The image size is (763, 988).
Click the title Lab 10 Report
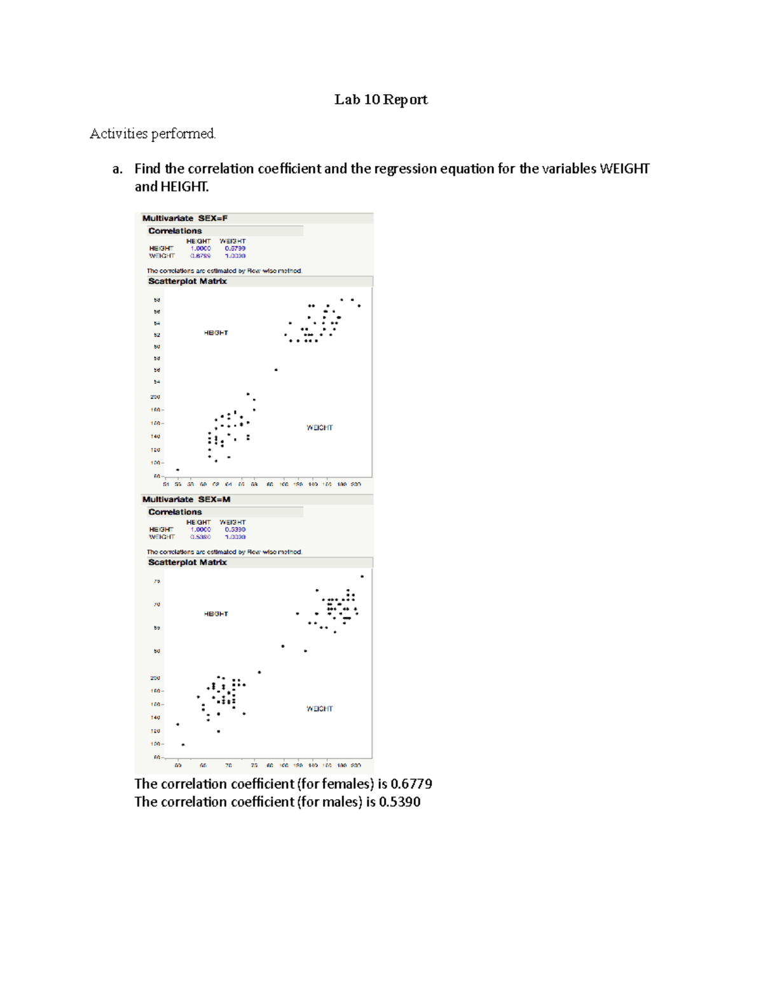[x=381, y=99]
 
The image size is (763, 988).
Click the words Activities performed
[x=153, y=134]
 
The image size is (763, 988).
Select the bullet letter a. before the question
[x=117, y=169]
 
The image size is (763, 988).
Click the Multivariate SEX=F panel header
[x=185, y=218]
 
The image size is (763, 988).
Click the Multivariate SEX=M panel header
[x=186, y=499]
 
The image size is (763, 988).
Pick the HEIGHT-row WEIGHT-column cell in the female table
[x=235, y=249]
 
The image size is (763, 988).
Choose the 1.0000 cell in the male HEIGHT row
[x=200, y=529]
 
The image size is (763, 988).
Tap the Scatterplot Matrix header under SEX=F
[x=188, y=281]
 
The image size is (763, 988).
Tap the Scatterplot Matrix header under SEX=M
[x=188, y=562]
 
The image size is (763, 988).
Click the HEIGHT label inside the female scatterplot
[x=216, y=333]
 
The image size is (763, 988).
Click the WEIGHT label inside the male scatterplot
[x=319, y=709]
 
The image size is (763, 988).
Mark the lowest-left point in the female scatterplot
[x=177, y=470]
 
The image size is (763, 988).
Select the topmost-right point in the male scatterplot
[x=362, y=576]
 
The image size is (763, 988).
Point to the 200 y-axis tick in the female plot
[x=156, y=396]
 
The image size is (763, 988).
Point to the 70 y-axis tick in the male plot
[x=156, y=604]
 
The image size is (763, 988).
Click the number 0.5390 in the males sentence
[x=399, y=802]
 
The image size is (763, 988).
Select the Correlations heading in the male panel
[x=175, y=512]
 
